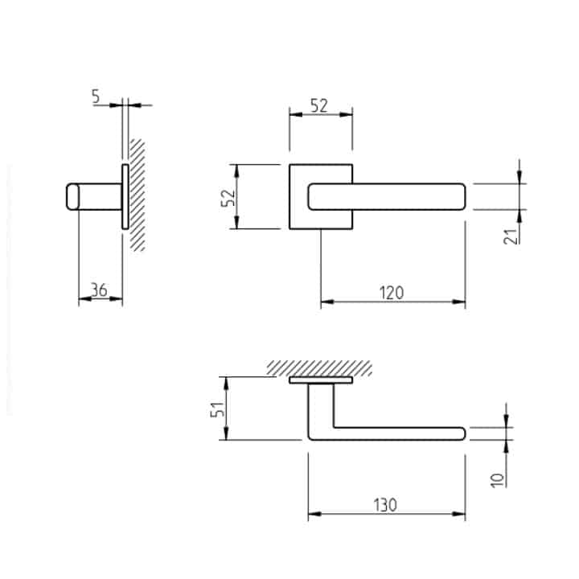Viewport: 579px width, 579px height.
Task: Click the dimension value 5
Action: [x=96, y=96]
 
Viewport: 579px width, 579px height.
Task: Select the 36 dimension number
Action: [x=99, y=289]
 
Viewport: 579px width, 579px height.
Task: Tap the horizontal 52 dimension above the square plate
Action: [x=318, y=106]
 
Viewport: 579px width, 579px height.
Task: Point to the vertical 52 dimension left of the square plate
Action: [x=228, y=198]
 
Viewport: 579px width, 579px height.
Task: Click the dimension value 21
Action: [x=511, y=236]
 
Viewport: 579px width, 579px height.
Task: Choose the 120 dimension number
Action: [x=392, y=293]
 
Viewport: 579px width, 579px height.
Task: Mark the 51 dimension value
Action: [x=217, y=409]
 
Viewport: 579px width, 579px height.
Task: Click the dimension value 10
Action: [x=498, y=480]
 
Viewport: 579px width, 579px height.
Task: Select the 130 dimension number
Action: [x=385, y=505]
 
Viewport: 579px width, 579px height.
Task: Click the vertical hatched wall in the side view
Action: [x=137, y=195]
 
